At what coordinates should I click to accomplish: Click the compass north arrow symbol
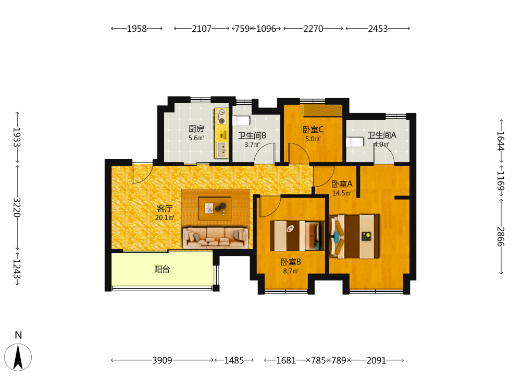point(18,357)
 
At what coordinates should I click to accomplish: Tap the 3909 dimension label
point(162,360)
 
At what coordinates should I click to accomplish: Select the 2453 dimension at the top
point(378,29)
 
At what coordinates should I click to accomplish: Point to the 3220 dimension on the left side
point(17,207)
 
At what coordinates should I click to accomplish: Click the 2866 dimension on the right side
point(501,236)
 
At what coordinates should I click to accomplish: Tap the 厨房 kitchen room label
point(196,129)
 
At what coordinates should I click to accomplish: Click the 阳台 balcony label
point(162,270)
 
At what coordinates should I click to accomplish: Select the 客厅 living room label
point(165,209)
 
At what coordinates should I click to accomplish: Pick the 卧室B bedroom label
point(291,262)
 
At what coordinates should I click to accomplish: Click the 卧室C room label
point(313,130)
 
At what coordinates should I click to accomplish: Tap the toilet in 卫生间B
point(241,120)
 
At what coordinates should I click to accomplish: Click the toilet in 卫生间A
point(355,142)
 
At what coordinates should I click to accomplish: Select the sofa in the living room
point(215,237)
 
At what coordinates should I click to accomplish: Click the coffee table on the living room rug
point(215,209)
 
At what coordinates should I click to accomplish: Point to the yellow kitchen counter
point(221,133)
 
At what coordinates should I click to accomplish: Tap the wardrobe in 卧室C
point(322,111)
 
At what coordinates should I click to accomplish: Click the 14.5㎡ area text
point(342,193)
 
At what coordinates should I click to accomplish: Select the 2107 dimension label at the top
point(202,29)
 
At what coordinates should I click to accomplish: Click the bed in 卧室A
point(354,236)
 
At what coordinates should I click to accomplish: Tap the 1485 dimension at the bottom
point(234,360)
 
